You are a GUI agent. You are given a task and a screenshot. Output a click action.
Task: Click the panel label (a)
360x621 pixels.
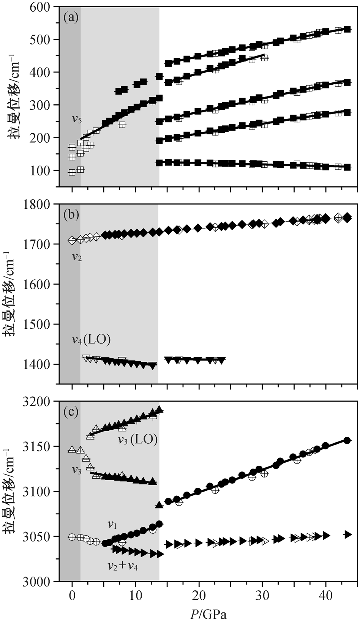tap(71, 18)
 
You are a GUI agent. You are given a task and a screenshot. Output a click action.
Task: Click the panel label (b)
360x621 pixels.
tap(71, 215)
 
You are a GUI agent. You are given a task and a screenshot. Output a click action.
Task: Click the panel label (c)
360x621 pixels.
tap(71, 412)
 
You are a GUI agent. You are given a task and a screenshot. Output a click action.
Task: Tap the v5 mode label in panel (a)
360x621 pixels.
tap(77, 120)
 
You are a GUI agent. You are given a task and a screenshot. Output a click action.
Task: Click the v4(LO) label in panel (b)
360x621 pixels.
tap(91, 340)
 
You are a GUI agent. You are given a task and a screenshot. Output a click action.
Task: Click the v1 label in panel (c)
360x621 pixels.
tap(112, 525)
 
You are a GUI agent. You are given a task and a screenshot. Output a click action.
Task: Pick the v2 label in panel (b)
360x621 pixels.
tap(77, 257)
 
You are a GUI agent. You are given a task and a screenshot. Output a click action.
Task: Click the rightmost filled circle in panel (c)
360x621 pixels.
tap(347, 440)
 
